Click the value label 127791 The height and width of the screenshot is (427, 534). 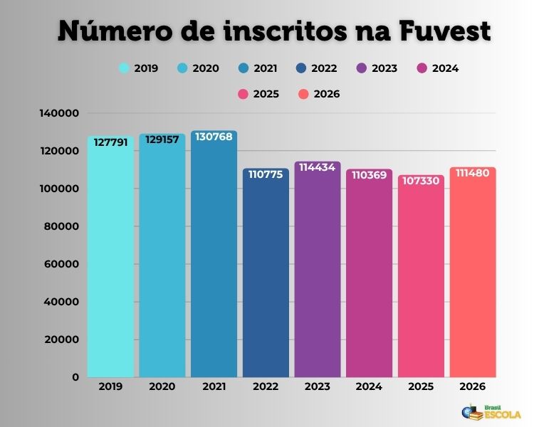[x=111, y=142]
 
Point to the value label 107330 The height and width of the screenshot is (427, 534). [x=421, y=181]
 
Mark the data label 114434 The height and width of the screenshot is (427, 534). [x=318, y=167]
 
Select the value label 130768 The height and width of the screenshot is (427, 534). [x=214, y=137]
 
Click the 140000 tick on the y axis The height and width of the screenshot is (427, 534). [x=61, y=113]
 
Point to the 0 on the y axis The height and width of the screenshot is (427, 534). [x=75, y=377]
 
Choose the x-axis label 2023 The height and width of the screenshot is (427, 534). [x=318, y=386]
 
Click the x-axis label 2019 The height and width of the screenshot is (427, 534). [x=111, y=386]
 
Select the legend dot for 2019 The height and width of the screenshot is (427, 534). [x=124, y=69]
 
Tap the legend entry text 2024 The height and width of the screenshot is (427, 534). [x=445, y=69]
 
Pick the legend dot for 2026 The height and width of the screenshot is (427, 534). [x=303, y=94]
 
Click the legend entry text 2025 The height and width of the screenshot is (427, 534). [x=266, y=94]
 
